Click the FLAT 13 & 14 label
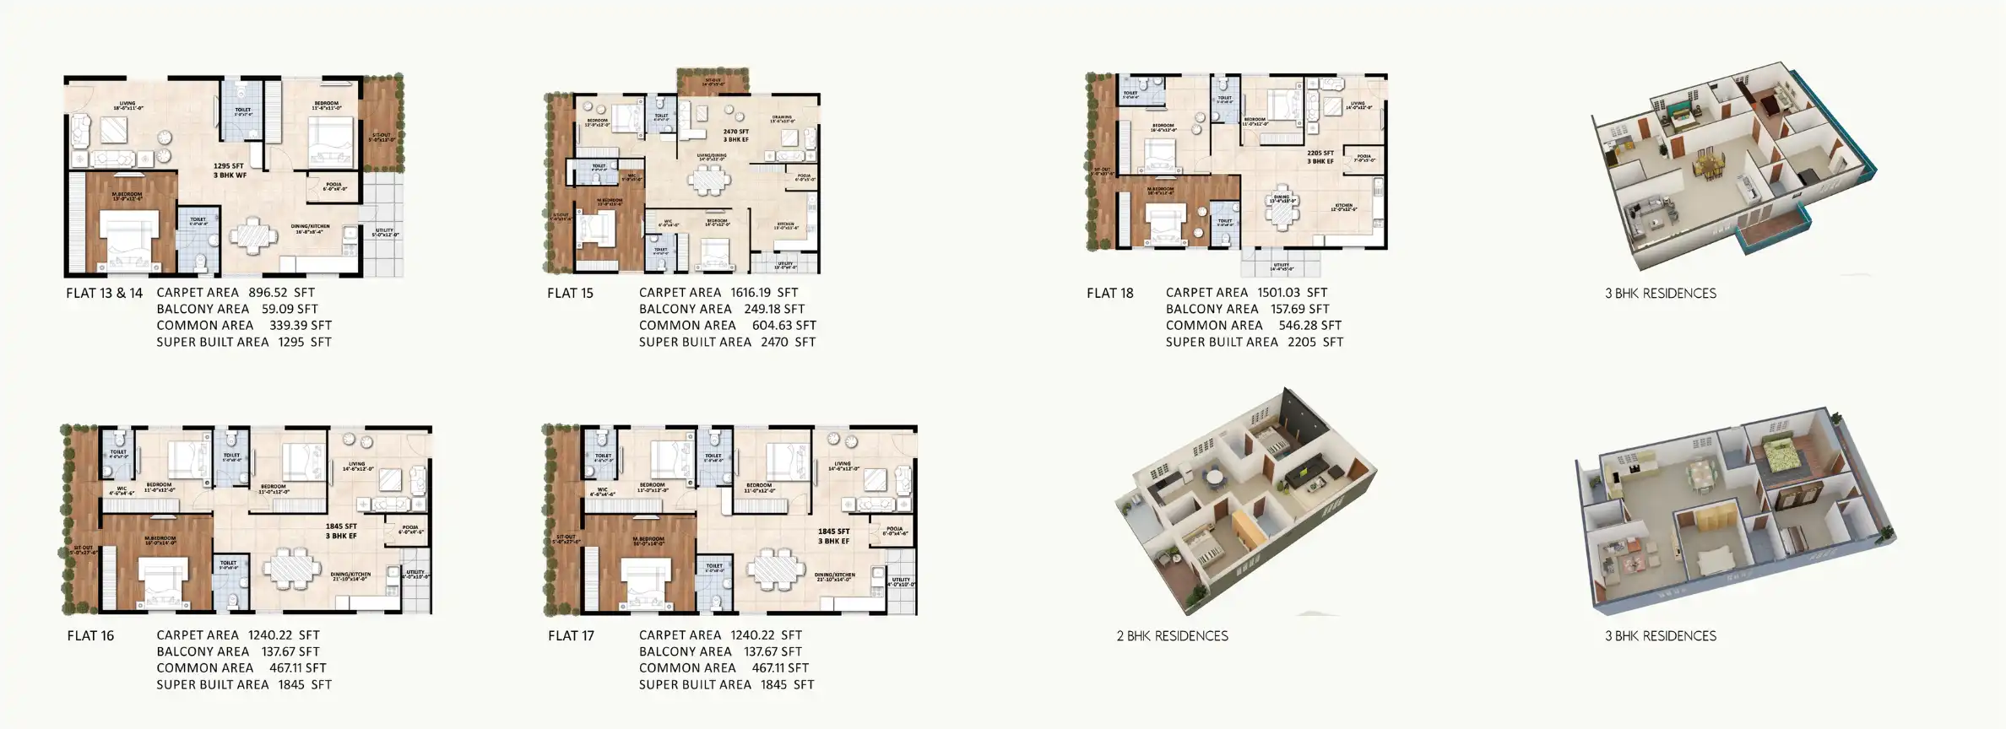pos(105,294)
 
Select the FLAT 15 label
pos(570,294)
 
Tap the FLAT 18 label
pos(1109,294)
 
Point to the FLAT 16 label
pos(90,636)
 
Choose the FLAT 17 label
pos(571,636)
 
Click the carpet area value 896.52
pos(269,293)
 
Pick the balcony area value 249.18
pos(762,310)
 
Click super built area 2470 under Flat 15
pos(774,343)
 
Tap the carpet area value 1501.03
pos(1279,293)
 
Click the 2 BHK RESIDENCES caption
pos(1172,636)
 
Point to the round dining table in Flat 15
pos(708,180)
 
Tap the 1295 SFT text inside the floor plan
pos(229,166)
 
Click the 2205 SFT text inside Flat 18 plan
pos(1320,154)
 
